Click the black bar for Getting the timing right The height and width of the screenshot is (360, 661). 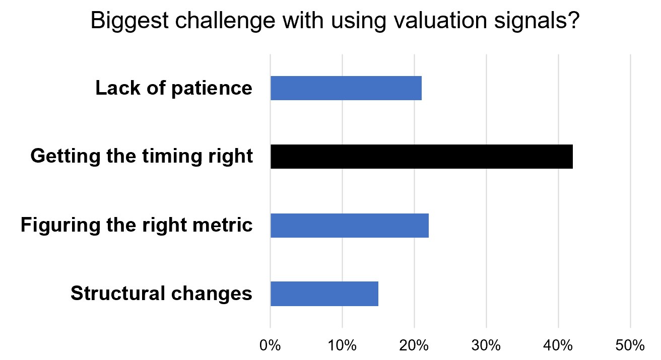421,156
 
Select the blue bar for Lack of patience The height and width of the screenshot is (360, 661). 346,88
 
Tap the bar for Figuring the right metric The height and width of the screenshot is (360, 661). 349,225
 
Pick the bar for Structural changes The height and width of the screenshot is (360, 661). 324,294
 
